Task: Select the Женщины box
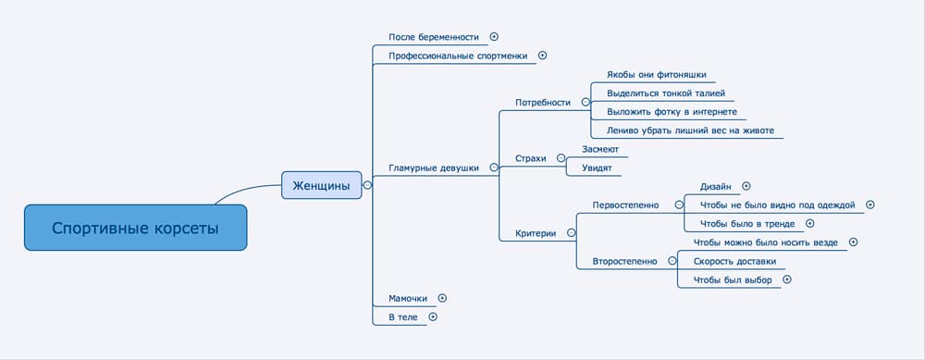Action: pyautogui.click(x=321, y=185)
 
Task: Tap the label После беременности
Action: pyautogui.click(x=434, y=37)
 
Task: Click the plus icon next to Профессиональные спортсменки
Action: pyautogui.click(x=542, y=56)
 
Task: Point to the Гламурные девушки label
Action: pyautogui.click(x=433, y=168)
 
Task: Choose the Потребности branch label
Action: pyautogui.click(x=542, y=102)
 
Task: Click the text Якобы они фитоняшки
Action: pyautogui.click(x=655, y=75)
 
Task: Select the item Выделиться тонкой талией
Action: pyautogui.click(x=665, y=93)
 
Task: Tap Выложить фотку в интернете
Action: pyautogui.click(x=672, y=111)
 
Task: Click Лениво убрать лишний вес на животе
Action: pyautogui.click(x=690, y=130)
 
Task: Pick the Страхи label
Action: pyautogui.click(x=531, y=158)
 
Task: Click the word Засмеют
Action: pyautogui.click(x=600, y=149)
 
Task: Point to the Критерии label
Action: pyautogui.click(x=536, y=233)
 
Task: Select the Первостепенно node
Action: pyautogui.click(x=625, y=205)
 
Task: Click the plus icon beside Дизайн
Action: pyautogui.click(x=746, y=186)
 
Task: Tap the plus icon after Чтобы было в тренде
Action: pyautogui.click(x=809, y=223)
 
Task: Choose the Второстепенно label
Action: pyautogui.click(x=624, y=261)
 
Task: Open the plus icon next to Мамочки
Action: pyautogui.click(x=442, y=298)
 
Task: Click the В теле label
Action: pyautogui.click(x=402, y=317)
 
